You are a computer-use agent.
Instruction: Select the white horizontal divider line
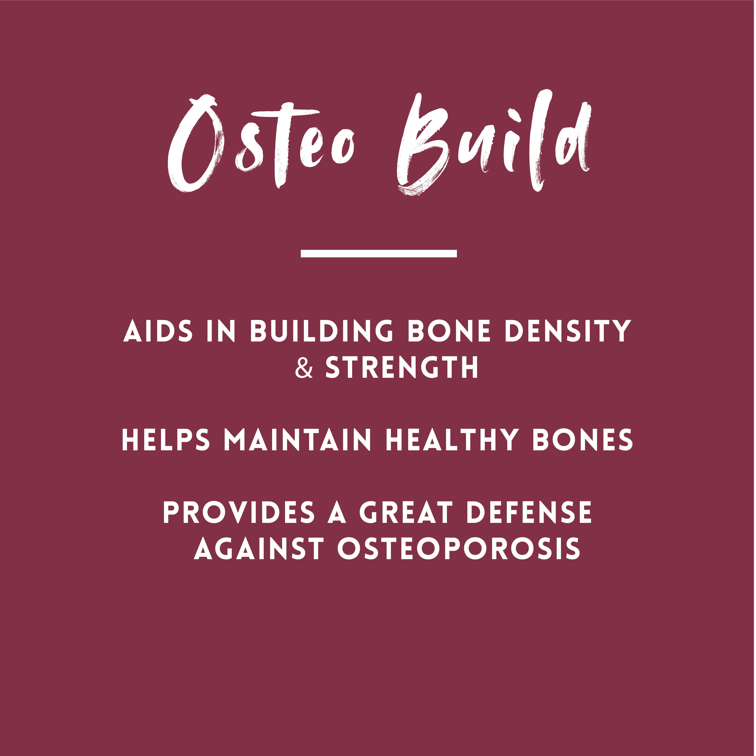point(378,253)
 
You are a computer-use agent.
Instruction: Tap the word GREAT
point(406,513)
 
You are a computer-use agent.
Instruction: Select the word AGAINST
point(259,548)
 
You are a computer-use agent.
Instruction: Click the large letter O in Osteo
point(196,145)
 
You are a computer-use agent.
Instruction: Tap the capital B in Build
point(421,145)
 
